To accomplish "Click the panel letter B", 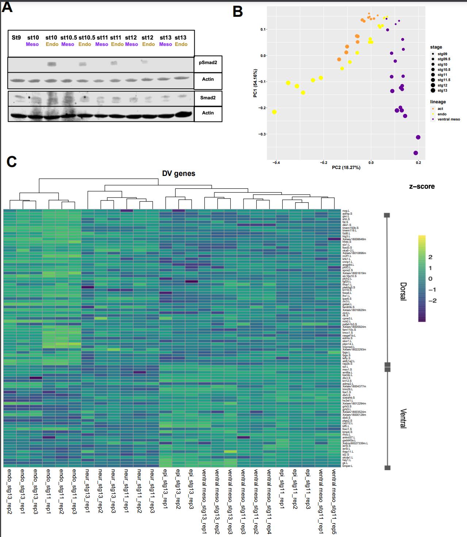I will coord(238,12).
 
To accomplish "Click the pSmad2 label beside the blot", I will coord(208,62).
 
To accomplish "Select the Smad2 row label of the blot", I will coord(208,98).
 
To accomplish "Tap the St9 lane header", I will coord(16,38).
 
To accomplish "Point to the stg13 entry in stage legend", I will coord(442,91).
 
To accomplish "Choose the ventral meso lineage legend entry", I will coord(449,119).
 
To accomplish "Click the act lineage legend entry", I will coord(440,109).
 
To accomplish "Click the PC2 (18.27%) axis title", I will coord(346,168).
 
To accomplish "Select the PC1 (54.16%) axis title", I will coord(255,83).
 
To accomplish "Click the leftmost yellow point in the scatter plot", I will coord(274,112).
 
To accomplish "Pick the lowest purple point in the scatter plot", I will coord(416,153).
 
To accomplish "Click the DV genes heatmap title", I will coord(179,174).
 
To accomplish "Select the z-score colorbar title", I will coord(422,187).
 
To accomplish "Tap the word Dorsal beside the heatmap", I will coord(403,291).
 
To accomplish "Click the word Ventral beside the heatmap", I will coord(403,418).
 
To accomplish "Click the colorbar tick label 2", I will coord(430,257).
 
